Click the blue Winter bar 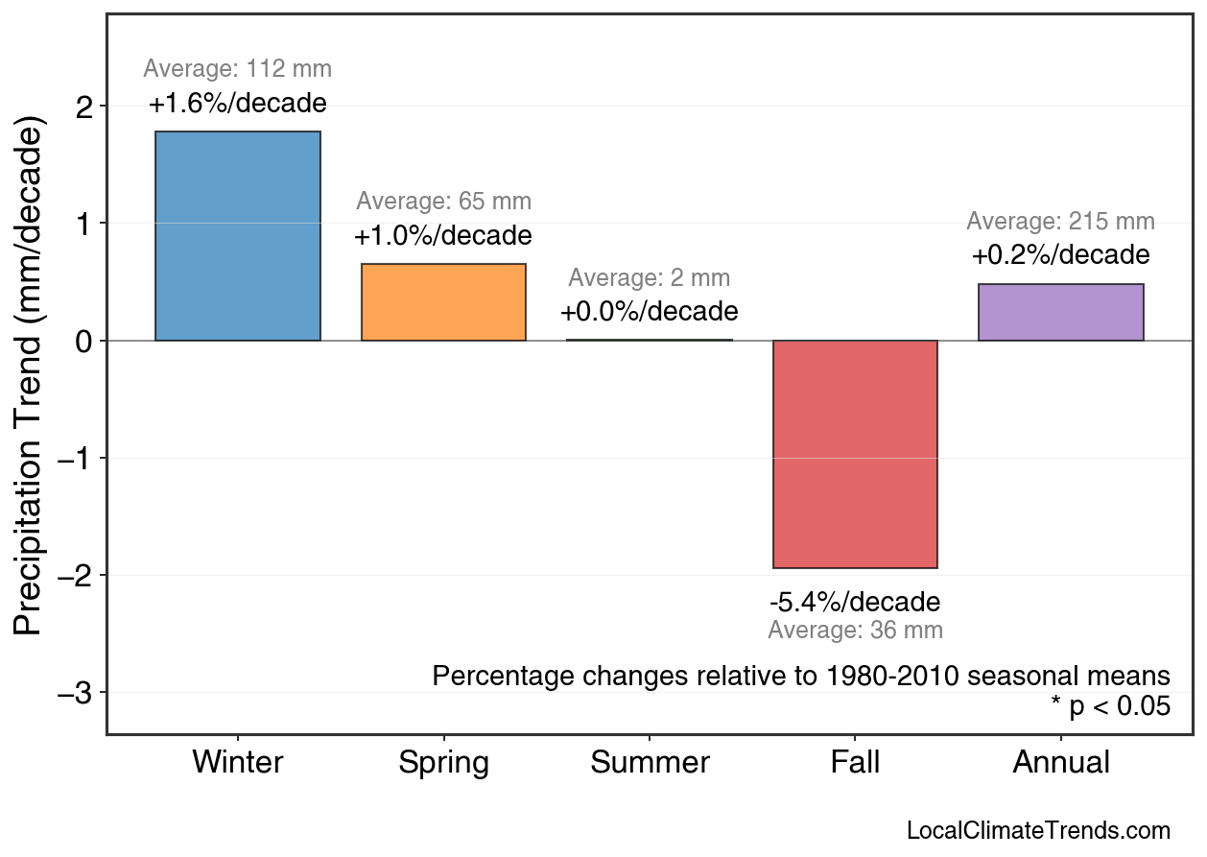pyautogui.click(x=238, y=236)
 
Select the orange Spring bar pyautogui.click(x=443, y=302)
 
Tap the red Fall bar pyautogui.click(x=855, y=454)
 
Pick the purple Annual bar pyautogui.click(x=1060, y=312)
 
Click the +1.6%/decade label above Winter pyautogui.click(x=238, y=104)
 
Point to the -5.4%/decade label pyautogui.click(x=855, y=603)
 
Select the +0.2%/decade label pyautogui.click(x=1060, y=255)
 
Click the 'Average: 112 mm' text pyautogui.click(x=238, y=69)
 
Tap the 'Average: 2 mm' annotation pyautogui.click(x=649, y=278)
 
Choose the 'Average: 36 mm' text pyautogui.click(x=855, y=631)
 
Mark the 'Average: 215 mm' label pyautogui.click(x=1060, y=222)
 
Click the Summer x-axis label pyautogui.click(x=650, y=763)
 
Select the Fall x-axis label pyautogui.click(x=855, y=763)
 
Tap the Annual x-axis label pyautogui.click(x=1060, y=763)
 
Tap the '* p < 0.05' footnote pyautogui.click(x=1110, y=707)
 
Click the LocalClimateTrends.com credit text pyautogui.click(x=1037, y=831)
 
